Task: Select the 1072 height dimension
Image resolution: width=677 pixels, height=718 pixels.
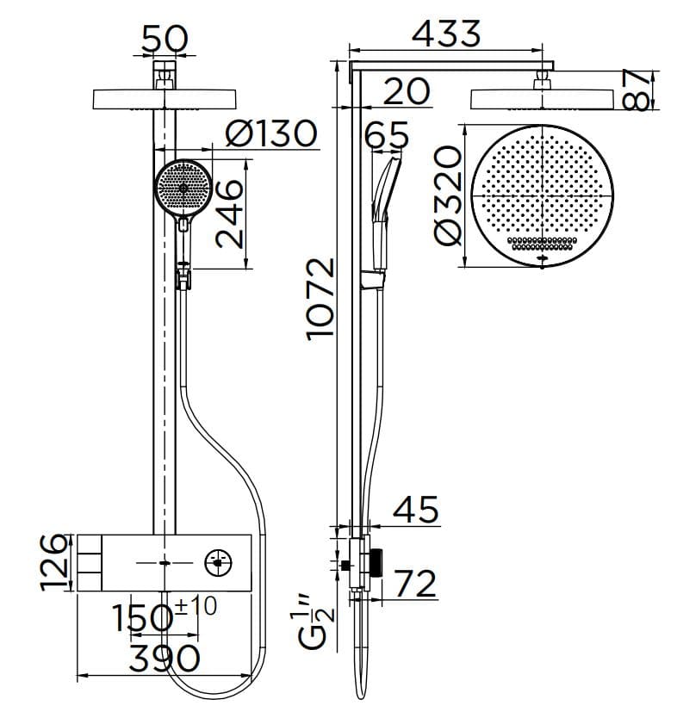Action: [320, 297]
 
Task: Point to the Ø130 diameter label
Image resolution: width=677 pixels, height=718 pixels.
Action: [270, 133]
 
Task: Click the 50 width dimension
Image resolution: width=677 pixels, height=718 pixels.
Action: [165, 39]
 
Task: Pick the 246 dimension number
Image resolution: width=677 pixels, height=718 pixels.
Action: [229, 214]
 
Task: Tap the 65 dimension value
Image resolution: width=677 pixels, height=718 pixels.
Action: [387, 136]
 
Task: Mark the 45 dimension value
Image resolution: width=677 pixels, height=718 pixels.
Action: [416, 510]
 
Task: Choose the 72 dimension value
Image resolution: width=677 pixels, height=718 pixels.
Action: [416, 584]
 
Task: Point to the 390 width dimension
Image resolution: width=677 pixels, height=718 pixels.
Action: [164, 659]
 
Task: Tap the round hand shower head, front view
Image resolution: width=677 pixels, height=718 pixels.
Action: [182, 188]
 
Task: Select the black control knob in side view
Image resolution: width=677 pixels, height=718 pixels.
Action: [377, 564]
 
